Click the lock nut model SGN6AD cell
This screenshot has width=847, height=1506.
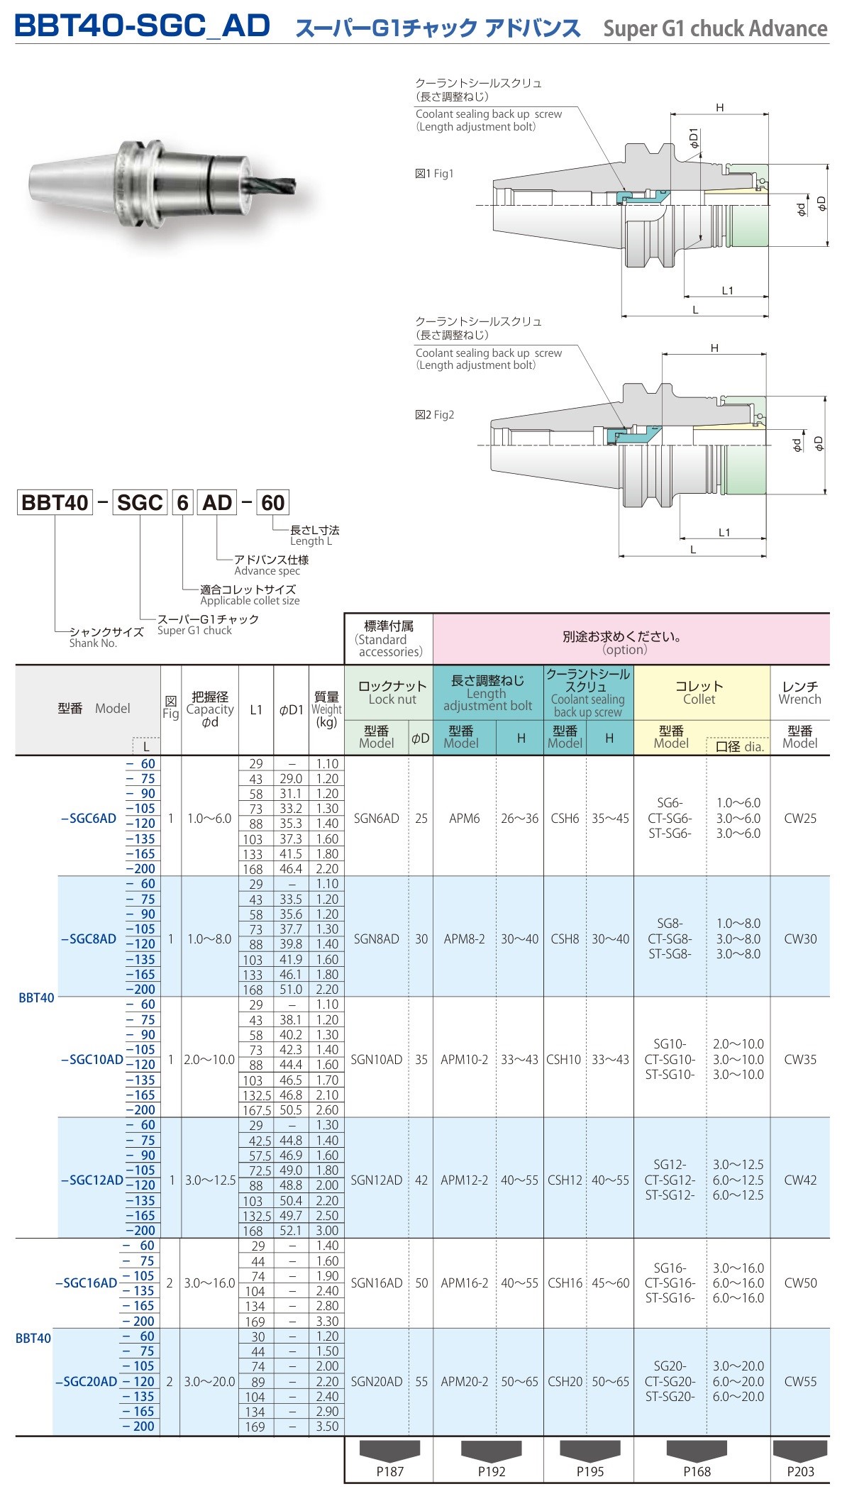[376, 818]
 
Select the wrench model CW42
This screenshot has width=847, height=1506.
[799, 1180]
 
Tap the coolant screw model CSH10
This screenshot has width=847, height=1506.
[564, 1059]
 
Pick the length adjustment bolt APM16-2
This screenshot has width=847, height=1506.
[464, 1283]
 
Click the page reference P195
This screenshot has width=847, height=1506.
[589, 1471]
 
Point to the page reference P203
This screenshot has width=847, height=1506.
[800, 1471]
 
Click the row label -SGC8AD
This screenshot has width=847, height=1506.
[89, 939]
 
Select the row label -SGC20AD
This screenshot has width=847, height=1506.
[87, 1381]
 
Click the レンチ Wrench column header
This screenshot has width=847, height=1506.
[799, 692]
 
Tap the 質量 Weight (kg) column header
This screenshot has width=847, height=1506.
[326, 709]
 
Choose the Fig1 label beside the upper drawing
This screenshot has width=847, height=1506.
[434, 173]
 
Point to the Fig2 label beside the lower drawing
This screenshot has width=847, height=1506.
[434, 414]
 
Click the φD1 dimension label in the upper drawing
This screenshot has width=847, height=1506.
[693, 137]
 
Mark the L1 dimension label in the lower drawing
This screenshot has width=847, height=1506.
[724, 532]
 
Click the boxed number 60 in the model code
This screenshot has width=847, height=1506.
[272, 502]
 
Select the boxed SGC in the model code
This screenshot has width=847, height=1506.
[140, 502]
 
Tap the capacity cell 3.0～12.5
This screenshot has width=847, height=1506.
[210, 1180]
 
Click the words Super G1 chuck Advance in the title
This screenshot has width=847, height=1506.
[715, 28]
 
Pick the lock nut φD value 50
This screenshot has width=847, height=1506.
[421, 1283]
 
